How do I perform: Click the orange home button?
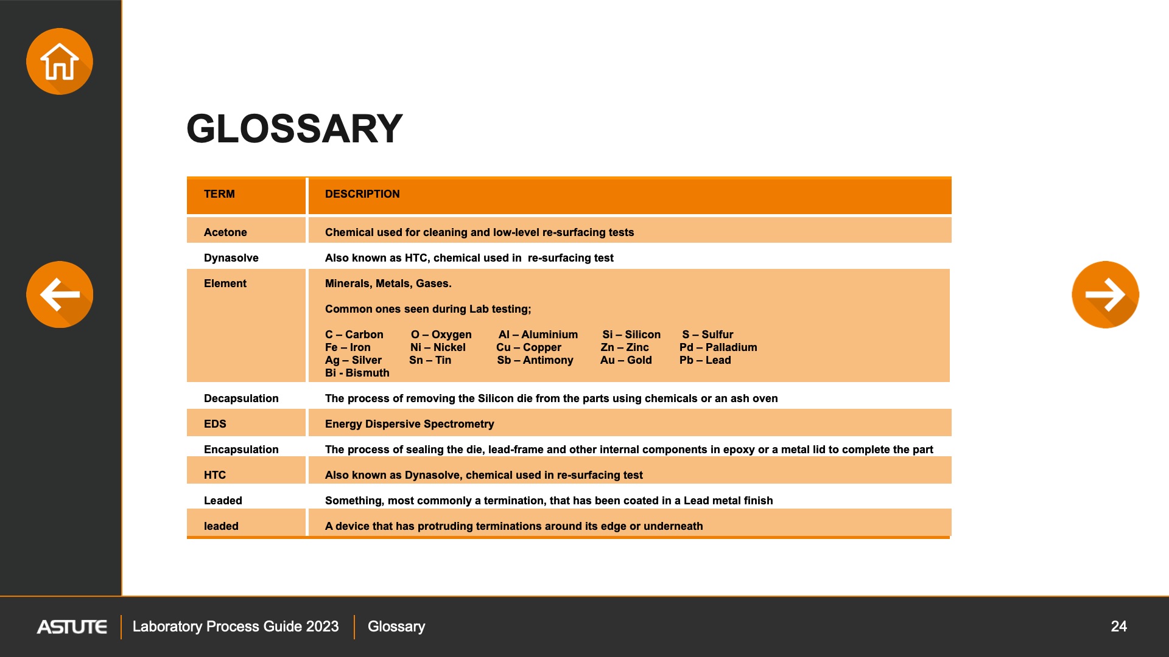[60, 61]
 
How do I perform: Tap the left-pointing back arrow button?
[60, 294]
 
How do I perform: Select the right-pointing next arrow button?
[1105, 294]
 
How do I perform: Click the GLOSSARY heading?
[294, 129]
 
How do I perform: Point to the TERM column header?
[219, 194]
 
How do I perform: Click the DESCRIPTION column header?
[362, 194]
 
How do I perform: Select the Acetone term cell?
[225, 232]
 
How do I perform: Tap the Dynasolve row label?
[231, 258]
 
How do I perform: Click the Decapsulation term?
[241, 398]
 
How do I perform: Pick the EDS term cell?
[215, 424]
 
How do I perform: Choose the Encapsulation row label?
[241, 450]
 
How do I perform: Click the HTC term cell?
[215, 475]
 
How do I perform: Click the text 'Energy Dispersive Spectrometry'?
[409, 424]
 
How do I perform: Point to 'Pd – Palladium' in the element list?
[718, 347]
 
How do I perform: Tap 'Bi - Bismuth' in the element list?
[357, 373]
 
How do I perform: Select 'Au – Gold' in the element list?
[626, 360]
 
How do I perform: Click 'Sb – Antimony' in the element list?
[535, 360]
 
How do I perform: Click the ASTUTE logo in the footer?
[72, 627]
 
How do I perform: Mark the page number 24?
[1118, 627]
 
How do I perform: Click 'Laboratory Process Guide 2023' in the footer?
[236, 627]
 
